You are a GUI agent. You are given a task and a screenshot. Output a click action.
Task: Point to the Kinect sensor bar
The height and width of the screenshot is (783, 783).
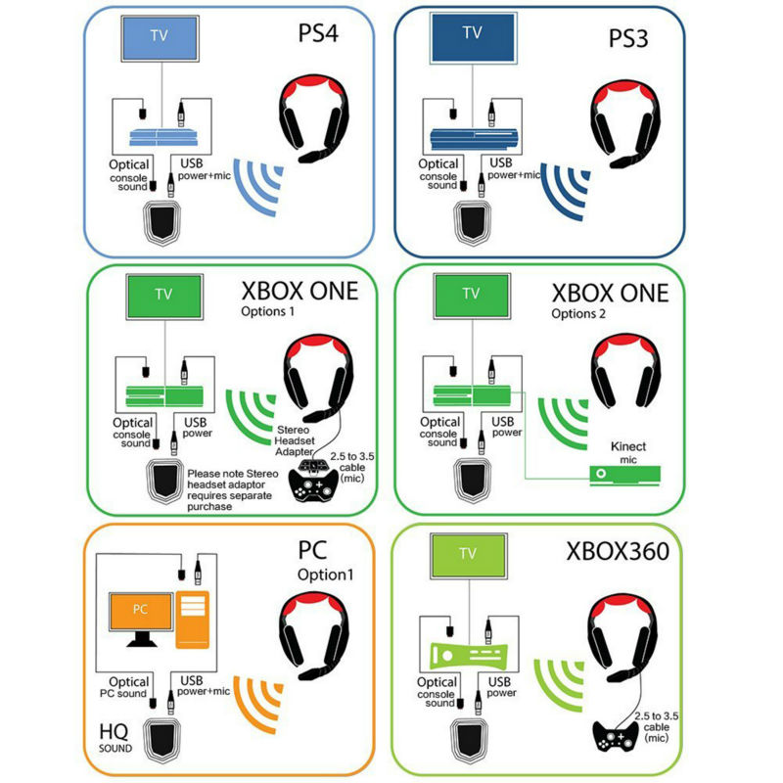(x=622, y=475)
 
